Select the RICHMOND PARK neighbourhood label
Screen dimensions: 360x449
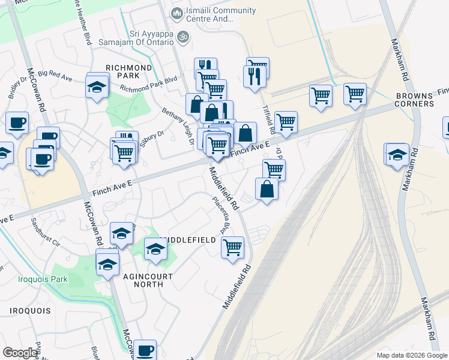pos(128,72)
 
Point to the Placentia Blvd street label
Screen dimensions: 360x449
pos(222,216)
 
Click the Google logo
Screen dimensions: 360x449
pos(20,353)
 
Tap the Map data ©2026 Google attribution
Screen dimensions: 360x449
pos(412,355)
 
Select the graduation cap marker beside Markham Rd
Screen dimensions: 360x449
pos(397,155)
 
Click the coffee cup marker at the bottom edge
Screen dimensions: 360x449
pos(145,350)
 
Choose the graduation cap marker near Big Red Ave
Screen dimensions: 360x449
pos(97,88)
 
